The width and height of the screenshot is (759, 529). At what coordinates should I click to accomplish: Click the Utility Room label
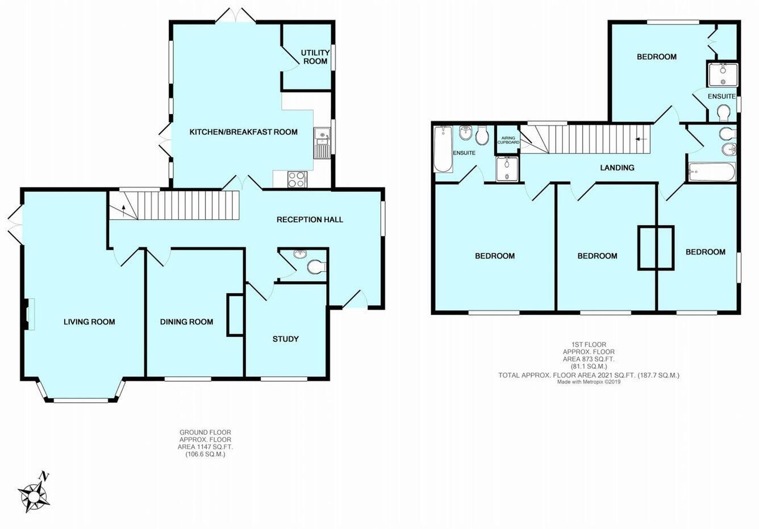tap(315, 57)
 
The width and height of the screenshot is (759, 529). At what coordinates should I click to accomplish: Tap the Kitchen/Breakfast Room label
tap(243, 132)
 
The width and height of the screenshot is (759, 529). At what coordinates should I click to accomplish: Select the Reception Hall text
tap(310, 219)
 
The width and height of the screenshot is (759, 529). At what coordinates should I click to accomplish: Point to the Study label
tap(286, 339)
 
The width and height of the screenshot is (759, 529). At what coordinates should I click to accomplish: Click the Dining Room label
tap(186, 322)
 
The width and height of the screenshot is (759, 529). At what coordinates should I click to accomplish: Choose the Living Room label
tap(89, 322)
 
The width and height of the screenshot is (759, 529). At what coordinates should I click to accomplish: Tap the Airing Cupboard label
tap(508, 140)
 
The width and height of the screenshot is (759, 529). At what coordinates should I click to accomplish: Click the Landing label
tap(617, 168)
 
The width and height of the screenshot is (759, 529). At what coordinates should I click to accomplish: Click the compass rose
tap(34, 496)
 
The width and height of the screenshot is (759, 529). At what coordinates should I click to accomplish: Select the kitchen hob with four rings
tap(297, 180)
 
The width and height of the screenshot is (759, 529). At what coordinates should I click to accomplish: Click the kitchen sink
tap(322, 143)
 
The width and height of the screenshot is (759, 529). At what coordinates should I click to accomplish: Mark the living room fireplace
tap(28, 314)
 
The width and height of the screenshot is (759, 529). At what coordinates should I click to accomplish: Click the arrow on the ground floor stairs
tap(124, 210)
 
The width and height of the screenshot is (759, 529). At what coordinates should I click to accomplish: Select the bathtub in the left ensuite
tap(443, 149)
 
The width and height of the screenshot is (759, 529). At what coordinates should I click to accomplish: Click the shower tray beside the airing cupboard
tap(507, 169)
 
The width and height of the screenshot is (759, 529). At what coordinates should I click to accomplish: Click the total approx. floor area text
tap(589, 375)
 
